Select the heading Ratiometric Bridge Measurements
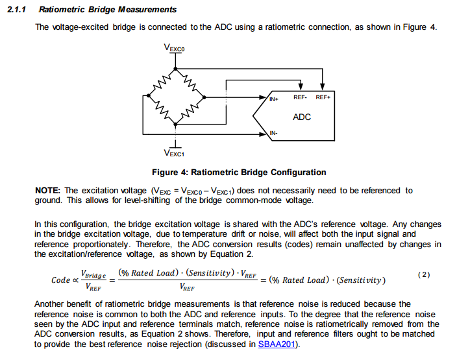107,10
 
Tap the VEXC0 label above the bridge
175,48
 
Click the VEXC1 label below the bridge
175,154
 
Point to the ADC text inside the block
302,117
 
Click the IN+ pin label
274,99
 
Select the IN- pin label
273,134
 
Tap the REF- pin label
300,97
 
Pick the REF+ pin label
323,97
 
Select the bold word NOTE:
48,190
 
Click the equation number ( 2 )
424,274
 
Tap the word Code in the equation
61,280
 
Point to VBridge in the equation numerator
93,274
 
